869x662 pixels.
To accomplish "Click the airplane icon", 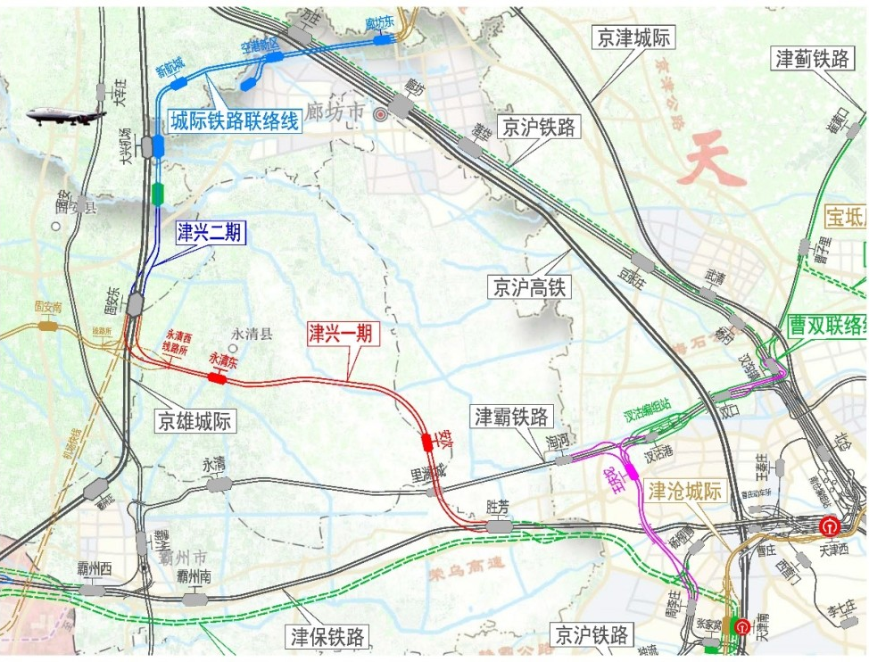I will pos(65,115).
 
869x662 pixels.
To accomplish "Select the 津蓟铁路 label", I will pos(812,59).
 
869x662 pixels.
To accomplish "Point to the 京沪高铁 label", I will pos(528,286).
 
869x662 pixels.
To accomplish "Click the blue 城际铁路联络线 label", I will pos(235,120).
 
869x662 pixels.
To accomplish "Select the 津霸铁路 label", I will pos(513,416).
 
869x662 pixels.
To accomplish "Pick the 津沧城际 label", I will pos(684,490).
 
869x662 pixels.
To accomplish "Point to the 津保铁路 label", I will pos(327,637).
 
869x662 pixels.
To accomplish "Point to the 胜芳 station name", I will pos(498,506).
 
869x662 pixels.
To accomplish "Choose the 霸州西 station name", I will pos(92,568).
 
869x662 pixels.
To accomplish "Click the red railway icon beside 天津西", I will pos(829,526).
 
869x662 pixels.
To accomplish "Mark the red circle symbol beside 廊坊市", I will pos(381,114).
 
